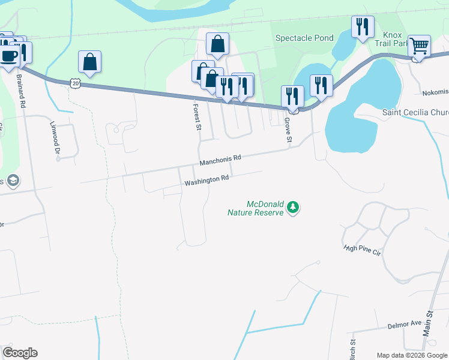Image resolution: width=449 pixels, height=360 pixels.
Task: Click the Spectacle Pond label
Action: point(304,38)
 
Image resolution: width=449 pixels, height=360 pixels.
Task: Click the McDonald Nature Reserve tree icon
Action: point(293,208)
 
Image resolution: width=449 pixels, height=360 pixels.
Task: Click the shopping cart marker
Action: point(419,46)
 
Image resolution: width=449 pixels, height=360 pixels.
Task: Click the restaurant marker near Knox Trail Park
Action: point(362,27)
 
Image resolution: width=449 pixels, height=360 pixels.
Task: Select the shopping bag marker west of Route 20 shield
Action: point(89,61)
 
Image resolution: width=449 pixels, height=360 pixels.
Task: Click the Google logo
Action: point(20,353)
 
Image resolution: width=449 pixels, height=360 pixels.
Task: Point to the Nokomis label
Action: point(435,92)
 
